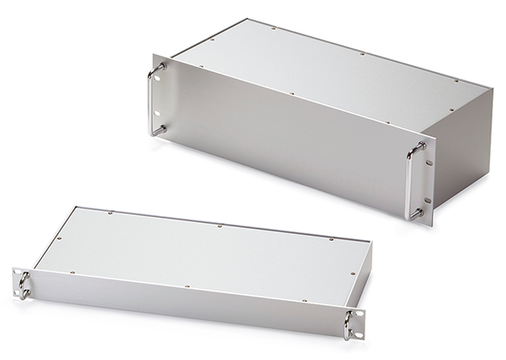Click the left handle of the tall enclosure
154,98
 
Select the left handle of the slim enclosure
23,285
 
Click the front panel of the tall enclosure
283,146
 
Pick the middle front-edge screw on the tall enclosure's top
292,94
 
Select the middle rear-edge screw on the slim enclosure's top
220,227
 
